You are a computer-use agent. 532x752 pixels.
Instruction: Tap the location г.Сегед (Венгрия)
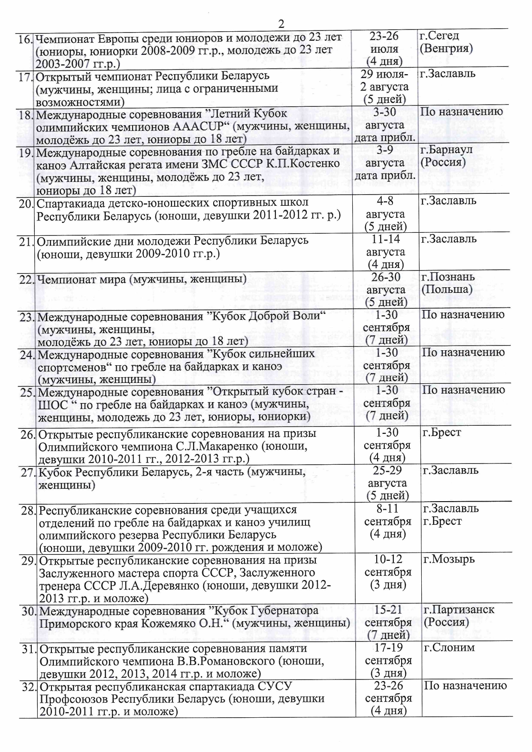(x=446, y=42)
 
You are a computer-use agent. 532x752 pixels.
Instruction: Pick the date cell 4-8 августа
(x=385, y=214)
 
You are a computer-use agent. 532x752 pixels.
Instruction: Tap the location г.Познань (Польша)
(x=448, y=283)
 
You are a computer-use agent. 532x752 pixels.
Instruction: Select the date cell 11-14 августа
(x=385, y=252)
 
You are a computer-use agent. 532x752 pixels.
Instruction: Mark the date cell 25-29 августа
(x=387, y=483)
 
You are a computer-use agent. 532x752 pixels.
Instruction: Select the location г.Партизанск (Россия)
(x=459, y=616)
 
